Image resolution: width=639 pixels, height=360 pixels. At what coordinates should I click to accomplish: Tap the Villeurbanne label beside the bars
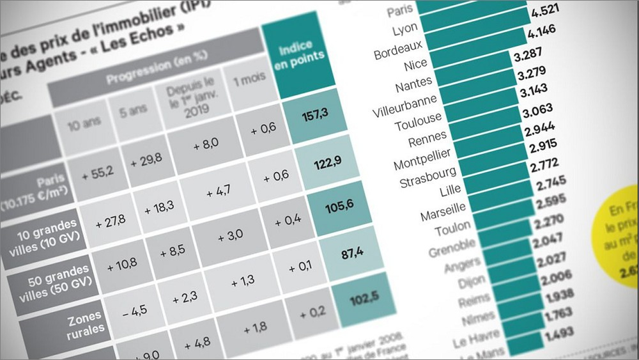click(405, 105)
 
